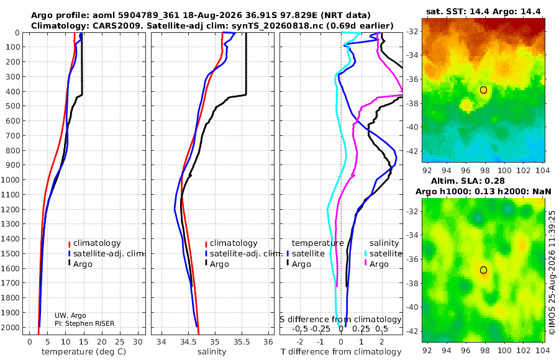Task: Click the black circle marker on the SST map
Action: point(483,90)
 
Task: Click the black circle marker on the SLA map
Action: point(483,270)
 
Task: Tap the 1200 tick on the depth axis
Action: point(10,209)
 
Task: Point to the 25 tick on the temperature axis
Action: point(120,342)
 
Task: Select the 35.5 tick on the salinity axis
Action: point(242,342)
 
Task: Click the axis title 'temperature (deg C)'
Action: point(84,352)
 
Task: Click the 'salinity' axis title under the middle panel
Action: point(212,352)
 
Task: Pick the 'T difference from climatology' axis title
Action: point(341,352)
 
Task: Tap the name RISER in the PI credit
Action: point(104,323)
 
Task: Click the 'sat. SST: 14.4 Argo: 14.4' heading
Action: point(483,11)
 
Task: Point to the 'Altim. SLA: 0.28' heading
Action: point(468,181)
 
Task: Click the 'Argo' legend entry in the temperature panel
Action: point(83,264)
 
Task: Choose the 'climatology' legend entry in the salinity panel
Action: point(234,243)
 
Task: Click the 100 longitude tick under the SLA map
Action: point(504,350)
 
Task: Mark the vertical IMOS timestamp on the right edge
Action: point(552,272)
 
